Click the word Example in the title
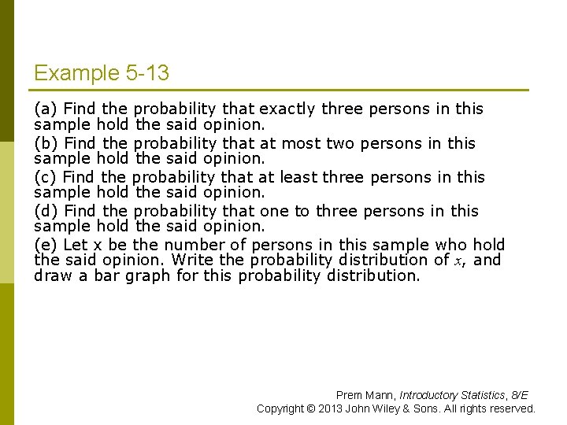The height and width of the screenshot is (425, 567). tap(76, 74)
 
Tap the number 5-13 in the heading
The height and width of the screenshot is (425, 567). tap(146, 74)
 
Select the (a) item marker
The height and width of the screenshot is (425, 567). tap(46, 109)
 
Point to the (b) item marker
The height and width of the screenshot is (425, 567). tap(46, 143)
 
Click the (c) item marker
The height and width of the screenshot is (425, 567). tap(46, 177)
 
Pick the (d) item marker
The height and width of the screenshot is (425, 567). tap(46, 211)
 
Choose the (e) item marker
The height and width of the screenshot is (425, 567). tap(46, 245)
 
